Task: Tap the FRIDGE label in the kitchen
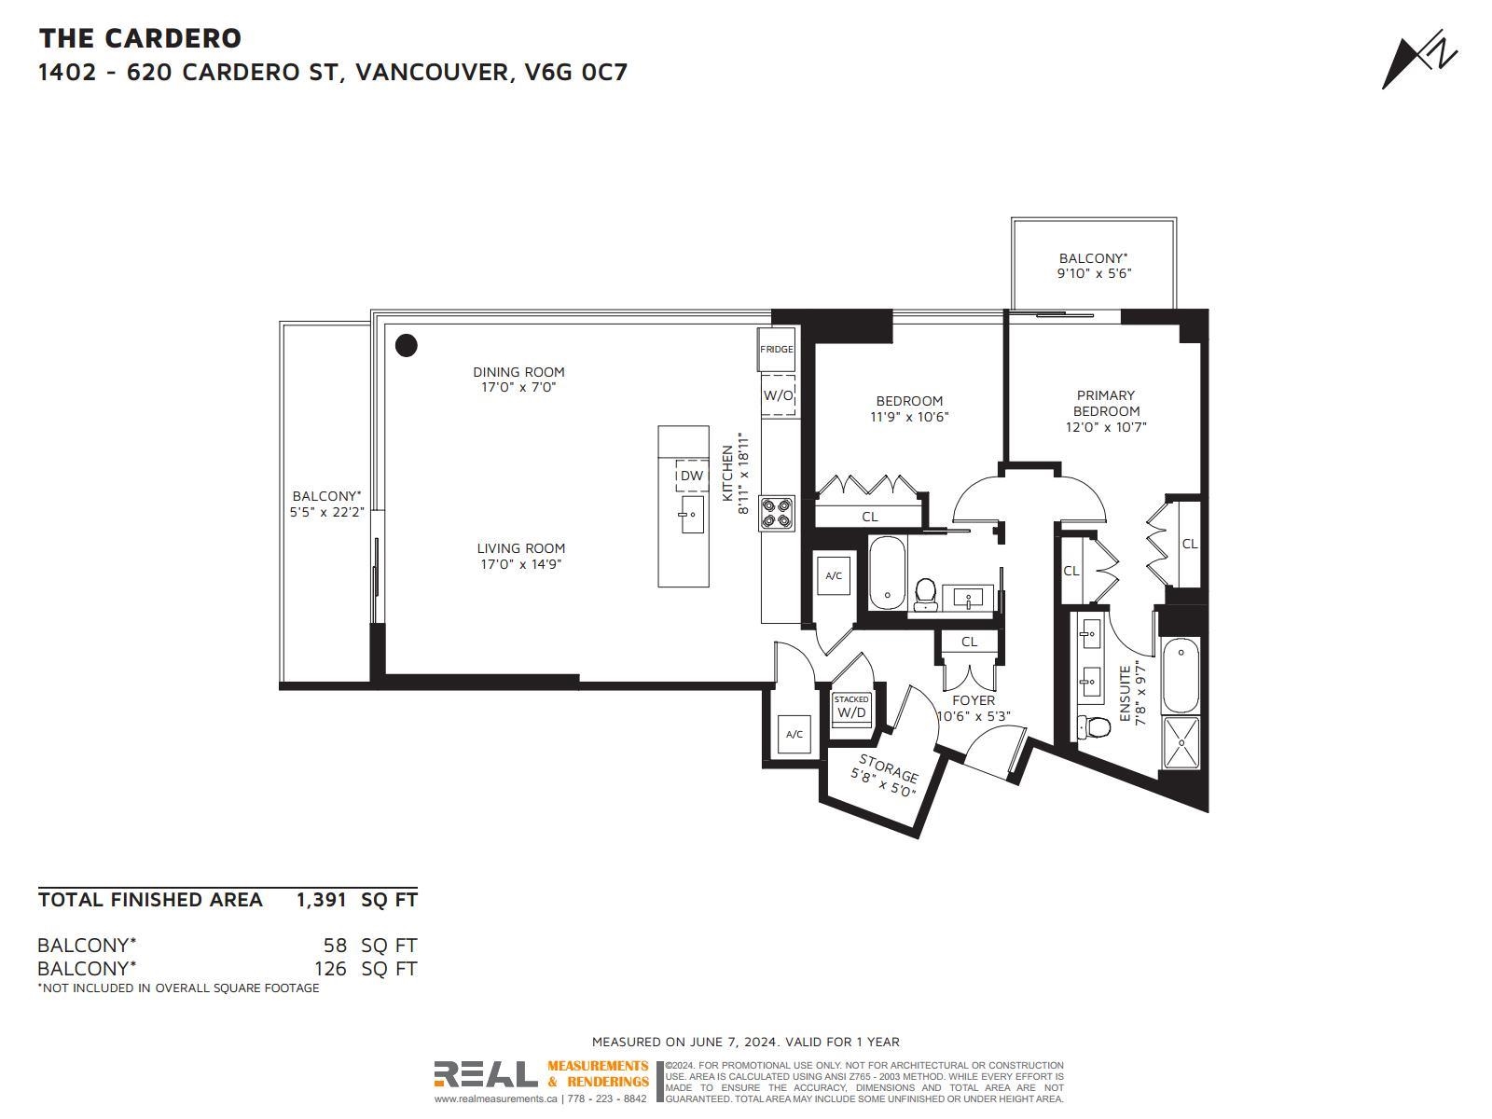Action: [x=776, y=349]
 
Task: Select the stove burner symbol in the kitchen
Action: [x=777, y=513]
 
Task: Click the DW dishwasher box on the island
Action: [x=692, y=476]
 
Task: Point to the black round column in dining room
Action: [x=407, y=345]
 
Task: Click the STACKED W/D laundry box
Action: [x=851, y=710]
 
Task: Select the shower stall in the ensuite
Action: [x=1181, y=742]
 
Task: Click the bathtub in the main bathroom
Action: [x=888, y=573]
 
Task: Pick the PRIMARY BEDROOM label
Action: [x=1106, y=403]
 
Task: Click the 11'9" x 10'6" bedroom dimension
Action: [x=909, y=417]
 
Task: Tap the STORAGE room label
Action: [x=889, y=767]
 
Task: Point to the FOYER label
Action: [x=974, y=699]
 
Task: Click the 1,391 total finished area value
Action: [x=322, y=900]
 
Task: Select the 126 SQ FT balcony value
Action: [x=366, y=968]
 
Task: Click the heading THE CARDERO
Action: [x=140, y=39]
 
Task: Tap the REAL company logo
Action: [x=485, y=1074]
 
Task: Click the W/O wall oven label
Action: [x=779, y=395]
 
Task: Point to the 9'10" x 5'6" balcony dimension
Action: [x=1095, y=273]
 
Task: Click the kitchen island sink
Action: [x=692, y=514]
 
